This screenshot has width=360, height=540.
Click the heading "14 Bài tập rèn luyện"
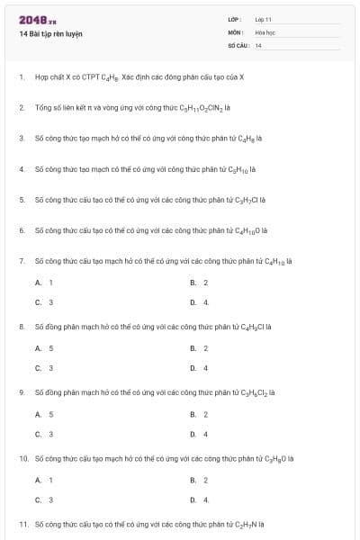point(51,33)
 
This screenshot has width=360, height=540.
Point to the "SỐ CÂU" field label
point(238,44)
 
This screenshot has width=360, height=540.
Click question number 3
point(22,138)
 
